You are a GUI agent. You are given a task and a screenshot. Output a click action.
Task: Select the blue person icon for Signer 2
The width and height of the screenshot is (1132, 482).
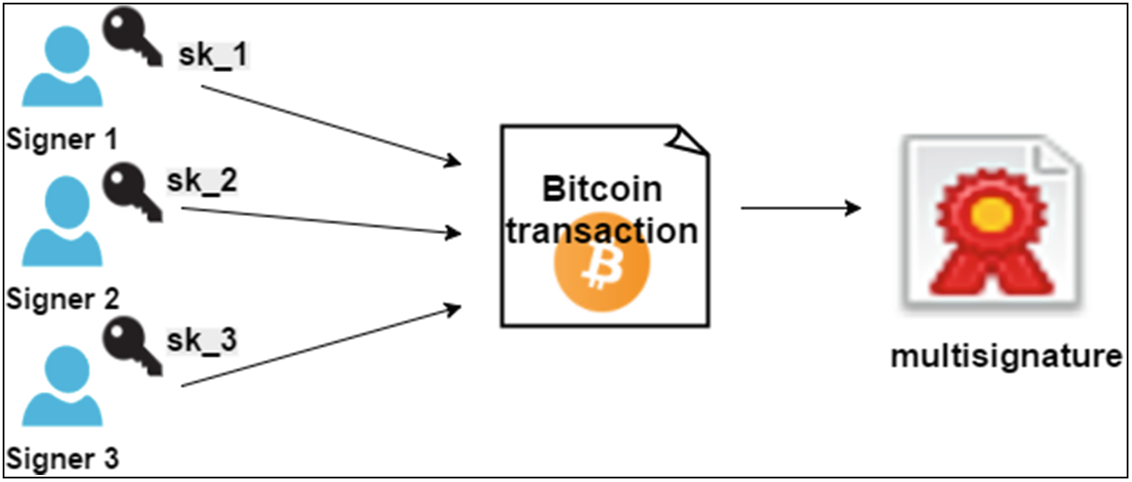click(x=61, y=222)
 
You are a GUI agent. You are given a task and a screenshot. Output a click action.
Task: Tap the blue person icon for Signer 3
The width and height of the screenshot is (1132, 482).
click(x=61, y=387)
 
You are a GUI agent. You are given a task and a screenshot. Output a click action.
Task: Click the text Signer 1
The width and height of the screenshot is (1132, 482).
click(x=61, y=140)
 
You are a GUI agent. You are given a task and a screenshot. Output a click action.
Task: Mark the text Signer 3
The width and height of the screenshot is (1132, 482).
click(x=61, y=461)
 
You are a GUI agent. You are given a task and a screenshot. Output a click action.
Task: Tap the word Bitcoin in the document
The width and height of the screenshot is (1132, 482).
click(x=602, y=189)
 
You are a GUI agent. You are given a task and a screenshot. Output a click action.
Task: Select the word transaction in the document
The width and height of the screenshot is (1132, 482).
click(x=602, y=230)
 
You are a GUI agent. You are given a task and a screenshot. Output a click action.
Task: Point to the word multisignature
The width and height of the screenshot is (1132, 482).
click(x=1005, y=357)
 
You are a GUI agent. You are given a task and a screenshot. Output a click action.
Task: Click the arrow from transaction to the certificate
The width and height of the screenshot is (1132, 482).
click(x=800, y=209)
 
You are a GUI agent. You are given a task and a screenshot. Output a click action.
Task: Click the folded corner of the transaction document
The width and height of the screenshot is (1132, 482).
click(x=692, y=140)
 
